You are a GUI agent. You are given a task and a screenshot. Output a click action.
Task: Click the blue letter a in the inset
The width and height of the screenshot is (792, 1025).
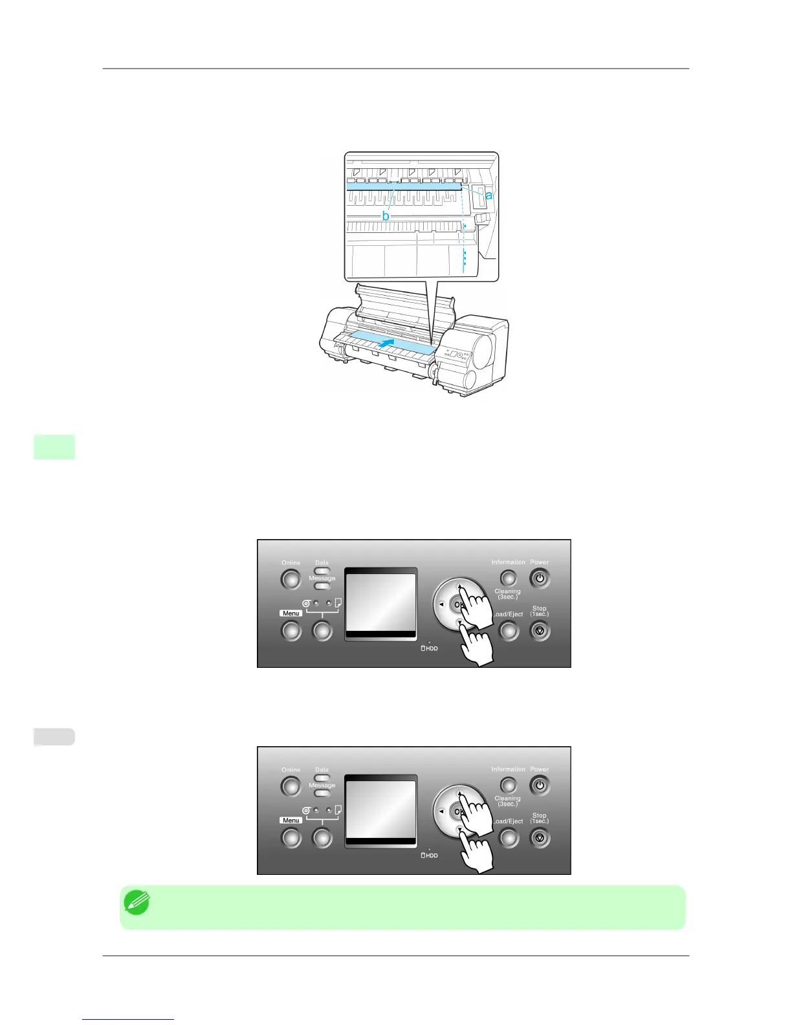tap(489, 195)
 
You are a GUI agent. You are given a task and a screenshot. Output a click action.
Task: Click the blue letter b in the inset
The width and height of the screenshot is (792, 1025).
tap(386, 215)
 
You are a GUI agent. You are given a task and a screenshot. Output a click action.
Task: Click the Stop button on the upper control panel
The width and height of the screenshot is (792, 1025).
tap(540, 630)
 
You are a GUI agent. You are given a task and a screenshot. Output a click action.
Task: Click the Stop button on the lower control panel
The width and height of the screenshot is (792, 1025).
tap(540, 837)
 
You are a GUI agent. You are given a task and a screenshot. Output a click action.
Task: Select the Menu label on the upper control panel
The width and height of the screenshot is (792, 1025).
tap(291, 613)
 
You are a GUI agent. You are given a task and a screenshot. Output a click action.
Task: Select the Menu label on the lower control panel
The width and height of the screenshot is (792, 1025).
tap(291, 821)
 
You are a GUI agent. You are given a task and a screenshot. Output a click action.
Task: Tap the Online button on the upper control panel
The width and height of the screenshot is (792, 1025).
tap(291, 579)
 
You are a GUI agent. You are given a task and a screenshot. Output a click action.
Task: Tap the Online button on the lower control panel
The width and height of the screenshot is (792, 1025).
tap(291, 786)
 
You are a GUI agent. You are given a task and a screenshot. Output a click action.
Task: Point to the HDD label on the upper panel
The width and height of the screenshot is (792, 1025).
tap(430, 648)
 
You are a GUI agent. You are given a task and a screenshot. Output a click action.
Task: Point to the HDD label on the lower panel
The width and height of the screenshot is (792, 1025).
tap(430, 855)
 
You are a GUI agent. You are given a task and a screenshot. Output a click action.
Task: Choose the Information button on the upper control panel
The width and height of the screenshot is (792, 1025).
tap(509, 577)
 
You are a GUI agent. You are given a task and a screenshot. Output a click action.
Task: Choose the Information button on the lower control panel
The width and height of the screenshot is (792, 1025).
tap(509, 784)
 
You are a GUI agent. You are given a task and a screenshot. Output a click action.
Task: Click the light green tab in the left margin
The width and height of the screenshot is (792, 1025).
tap(54, 446)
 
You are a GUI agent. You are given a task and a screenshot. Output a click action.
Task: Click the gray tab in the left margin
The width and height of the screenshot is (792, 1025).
tap(54, 736)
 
